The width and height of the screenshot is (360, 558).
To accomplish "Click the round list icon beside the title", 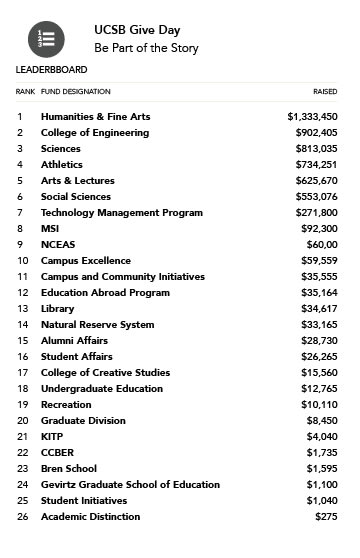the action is (47, 39).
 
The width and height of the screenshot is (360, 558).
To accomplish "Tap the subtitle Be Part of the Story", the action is (146, 48).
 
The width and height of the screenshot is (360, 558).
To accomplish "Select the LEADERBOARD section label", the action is (51, 70).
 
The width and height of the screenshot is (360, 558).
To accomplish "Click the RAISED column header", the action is (325, 91).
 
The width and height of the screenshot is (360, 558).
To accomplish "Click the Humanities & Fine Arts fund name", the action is (95, 117).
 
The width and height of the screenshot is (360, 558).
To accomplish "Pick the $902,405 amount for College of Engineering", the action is (313, 133).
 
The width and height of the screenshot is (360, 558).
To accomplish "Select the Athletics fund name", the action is (62, 165).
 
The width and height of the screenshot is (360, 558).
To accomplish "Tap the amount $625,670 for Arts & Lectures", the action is (313, 181).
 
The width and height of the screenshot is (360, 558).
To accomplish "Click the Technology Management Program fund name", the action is (121, 213).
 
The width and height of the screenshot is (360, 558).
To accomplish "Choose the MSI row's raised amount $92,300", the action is (316, 229).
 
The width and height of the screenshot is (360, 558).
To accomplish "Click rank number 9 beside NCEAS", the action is (19, 245).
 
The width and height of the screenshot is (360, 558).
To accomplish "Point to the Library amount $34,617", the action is (316, 309).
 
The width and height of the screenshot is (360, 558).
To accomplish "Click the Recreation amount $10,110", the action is (316, 405).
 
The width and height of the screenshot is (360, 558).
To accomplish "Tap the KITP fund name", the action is (52, 437).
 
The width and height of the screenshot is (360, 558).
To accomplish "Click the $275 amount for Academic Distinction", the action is (325, 517).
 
